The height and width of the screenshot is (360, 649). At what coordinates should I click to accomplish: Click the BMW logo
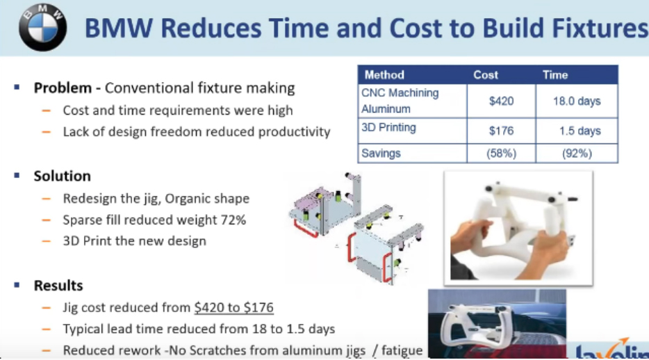tap(42, 27)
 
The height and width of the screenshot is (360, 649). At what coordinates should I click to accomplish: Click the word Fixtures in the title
tap(600, 28)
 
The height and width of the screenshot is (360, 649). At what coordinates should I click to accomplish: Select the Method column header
tap(384, 75)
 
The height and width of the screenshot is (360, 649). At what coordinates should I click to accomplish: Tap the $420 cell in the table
tap(501, 101)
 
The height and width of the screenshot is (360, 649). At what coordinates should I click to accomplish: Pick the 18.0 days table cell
tap(577, 101)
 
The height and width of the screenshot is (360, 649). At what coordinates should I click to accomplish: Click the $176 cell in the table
tap(501, 131)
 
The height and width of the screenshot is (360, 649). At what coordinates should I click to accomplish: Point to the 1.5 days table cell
tap(580, 131)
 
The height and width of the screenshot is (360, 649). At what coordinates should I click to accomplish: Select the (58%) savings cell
tap(501, 154)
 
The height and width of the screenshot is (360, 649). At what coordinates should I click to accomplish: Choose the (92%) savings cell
tap(577, 154)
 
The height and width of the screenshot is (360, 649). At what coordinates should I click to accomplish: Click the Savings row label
tap(381, 153)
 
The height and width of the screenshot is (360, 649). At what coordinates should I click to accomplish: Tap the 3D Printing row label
tap(388, 127)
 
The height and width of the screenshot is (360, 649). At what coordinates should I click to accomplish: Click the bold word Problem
tap(63, 88)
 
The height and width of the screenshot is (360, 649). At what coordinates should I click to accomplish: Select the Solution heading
tap(62, 176)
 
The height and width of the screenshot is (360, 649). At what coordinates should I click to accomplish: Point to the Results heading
tap(58, 286)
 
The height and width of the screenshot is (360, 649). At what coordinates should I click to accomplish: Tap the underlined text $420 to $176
tap(234, 307)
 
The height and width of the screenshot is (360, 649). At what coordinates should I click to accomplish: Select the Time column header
tap(555, 75)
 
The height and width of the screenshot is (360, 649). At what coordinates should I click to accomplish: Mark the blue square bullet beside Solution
tap(17, 175)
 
